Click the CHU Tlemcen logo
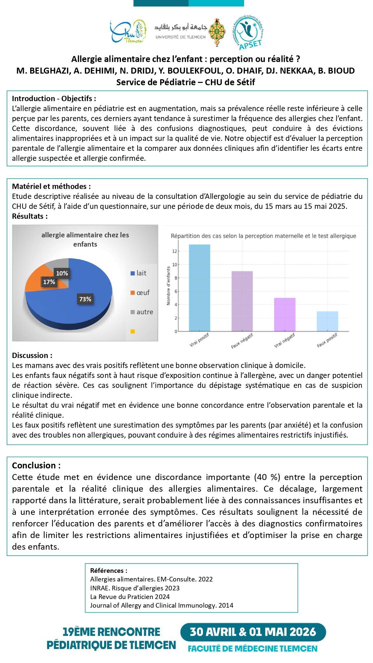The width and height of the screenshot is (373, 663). pos(128,31)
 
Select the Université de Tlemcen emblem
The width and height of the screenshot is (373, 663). pos(217,32)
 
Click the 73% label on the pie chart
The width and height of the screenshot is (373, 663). pos(85,299)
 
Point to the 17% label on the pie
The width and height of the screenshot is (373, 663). pos(49,282)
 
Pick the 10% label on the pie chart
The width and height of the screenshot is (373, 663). pos(62,273)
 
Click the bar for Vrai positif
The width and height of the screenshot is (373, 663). pos(199,288)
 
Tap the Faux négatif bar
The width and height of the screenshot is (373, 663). pos(242,301)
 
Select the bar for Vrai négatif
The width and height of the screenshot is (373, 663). pos(284,314)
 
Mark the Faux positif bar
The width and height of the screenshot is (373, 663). pos(327,321)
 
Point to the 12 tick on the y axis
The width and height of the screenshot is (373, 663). pos(174,251)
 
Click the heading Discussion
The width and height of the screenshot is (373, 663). pos(32,355)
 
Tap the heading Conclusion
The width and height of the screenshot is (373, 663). pos(36,465)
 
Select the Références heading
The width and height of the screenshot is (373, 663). pos(108,571)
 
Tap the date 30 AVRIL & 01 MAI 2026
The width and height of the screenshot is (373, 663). pos(253,632)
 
